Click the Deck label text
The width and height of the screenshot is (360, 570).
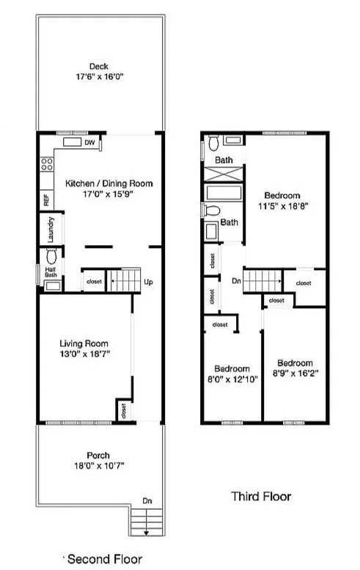[x=99, y=67]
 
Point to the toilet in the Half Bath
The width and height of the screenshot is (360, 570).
[x=52, y=257]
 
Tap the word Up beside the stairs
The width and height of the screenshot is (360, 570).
[x=149, y=282]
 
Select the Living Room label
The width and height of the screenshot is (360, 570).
[x=84, y=343]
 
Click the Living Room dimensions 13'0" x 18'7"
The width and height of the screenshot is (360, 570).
[x=84, y=354]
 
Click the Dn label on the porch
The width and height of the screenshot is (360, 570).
[x=148, y=500]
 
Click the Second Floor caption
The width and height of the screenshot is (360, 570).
[x=106, y=559]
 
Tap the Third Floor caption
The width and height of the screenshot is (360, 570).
[x=261, y=497]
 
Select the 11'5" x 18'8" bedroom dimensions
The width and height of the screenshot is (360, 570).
[x=282, y=207]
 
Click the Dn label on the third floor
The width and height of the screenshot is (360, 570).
[x=236, y=280]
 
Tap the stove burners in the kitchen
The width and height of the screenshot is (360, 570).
[x=46, y=166]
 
